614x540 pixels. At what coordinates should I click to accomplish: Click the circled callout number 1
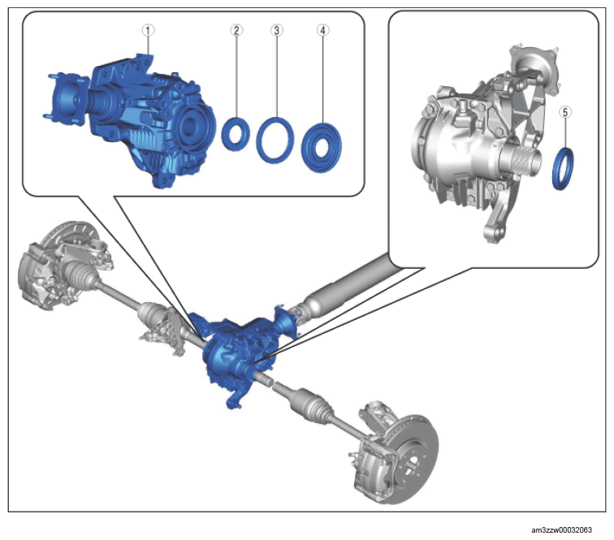coord(148,30)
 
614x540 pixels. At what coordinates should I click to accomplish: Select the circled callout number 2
coord(236,30)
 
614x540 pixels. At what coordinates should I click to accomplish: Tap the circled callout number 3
coord(276,30)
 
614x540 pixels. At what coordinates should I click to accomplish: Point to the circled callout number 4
coord(322,30)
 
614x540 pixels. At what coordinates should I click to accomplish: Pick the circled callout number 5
coord(564,112)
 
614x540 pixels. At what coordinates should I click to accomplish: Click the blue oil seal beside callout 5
coord(556,169)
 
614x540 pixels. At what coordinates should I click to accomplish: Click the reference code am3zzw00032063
coord(561,529)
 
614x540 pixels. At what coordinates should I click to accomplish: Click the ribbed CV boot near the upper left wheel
coord(78,271)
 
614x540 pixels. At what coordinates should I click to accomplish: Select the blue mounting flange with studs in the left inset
coord(66,98)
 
